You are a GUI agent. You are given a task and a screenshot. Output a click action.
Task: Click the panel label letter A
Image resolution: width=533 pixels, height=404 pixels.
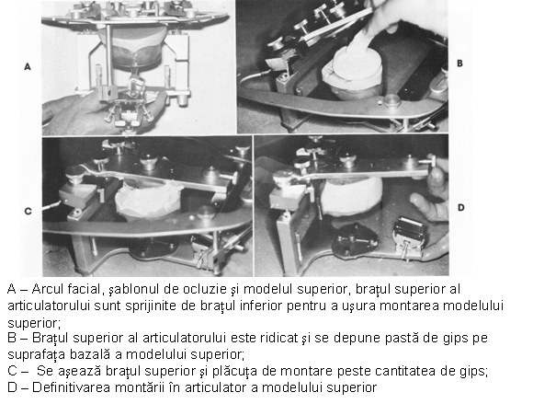(x=28, y=66)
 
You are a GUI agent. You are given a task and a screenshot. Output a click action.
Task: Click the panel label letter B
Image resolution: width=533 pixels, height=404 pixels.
(x=459, y=63)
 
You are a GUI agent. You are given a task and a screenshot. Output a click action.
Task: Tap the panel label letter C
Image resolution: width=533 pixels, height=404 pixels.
(x=28, y=212)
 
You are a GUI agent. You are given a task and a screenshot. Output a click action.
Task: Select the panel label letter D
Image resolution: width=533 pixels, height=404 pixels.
(x=460, y=208)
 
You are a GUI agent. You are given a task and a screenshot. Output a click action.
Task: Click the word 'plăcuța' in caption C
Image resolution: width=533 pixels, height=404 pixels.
(x=234, y=371)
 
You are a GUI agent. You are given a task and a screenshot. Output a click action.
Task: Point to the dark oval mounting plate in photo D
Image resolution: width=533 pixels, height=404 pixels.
(x=355, y=239)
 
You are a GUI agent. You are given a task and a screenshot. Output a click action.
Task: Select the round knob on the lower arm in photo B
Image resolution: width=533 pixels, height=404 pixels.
(x=391, y=100)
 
